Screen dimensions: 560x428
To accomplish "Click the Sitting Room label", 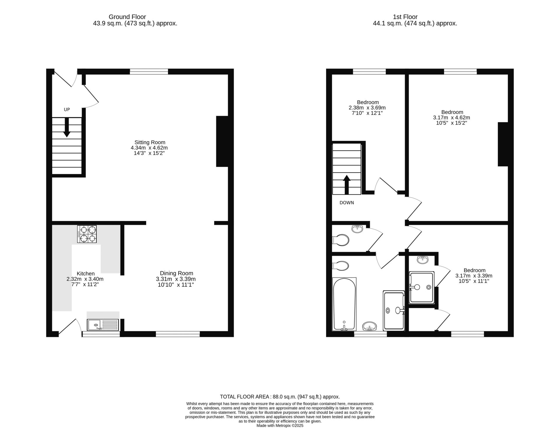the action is [150, 142].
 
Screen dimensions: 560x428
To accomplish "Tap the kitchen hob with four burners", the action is [87, 234].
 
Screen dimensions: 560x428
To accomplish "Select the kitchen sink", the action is [103, 325].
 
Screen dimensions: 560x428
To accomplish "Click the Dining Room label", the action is [176, 273].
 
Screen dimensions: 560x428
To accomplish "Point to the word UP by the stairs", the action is [67, 110].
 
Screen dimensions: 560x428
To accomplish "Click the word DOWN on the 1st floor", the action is [347, 203].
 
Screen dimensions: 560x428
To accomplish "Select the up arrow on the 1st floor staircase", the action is [346, 185].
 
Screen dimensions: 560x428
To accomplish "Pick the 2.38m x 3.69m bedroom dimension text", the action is [367, 108].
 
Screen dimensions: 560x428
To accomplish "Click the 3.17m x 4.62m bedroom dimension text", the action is [452, 118].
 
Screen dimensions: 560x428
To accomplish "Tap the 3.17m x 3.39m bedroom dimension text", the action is [474, 276].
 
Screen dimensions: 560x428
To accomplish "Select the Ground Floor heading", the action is [127, 17].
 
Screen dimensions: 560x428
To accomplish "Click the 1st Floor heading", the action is [405, 17].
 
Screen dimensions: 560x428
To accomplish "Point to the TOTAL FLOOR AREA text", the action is [245, 397].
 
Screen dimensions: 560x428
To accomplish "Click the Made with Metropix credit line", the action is [280, 426].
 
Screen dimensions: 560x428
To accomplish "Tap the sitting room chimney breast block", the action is [222, 142].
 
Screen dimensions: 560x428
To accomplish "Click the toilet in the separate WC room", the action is [341, 240].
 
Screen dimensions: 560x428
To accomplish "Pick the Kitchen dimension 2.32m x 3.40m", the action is [85, 279].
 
